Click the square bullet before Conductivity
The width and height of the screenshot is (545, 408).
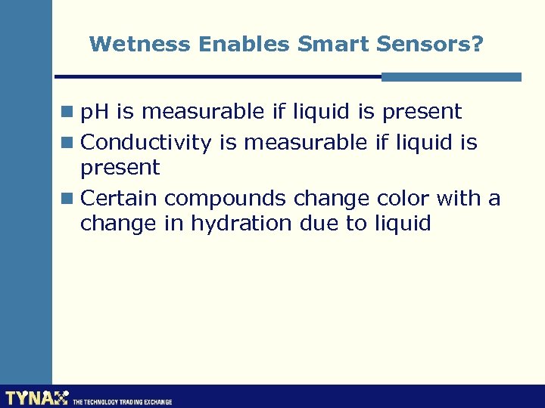70,143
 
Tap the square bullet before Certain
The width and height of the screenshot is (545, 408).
70,199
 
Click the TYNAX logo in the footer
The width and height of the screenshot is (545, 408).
36,398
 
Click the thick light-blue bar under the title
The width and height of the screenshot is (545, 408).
451,76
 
